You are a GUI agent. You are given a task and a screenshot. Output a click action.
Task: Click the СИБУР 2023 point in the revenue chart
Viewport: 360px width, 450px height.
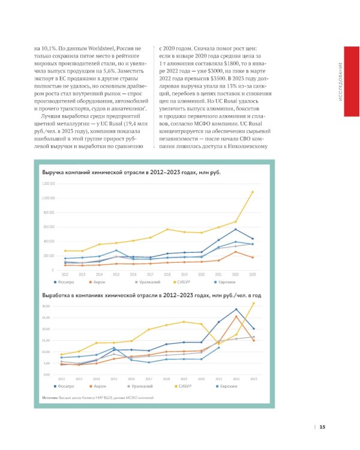click(253, 192)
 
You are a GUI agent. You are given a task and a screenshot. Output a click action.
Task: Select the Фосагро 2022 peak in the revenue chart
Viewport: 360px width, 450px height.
click(236, 229)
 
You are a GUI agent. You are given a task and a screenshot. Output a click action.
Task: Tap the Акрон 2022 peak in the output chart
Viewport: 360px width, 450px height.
click(236, 316)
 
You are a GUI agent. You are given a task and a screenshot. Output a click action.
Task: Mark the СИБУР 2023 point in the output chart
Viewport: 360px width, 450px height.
click(253, 303)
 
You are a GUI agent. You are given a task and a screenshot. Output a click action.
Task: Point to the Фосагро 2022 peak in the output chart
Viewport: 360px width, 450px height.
click(236, 309)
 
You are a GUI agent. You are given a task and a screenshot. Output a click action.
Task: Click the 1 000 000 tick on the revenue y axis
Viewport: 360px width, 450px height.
click(49, 197)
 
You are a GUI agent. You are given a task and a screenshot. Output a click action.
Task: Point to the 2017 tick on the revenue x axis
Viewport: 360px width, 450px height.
click(150, 274)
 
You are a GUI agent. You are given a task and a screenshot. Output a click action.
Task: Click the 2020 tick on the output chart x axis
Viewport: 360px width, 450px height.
click(201, 379)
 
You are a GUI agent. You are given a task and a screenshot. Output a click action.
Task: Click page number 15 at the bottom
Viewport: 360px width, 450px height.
click(322, 427)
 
